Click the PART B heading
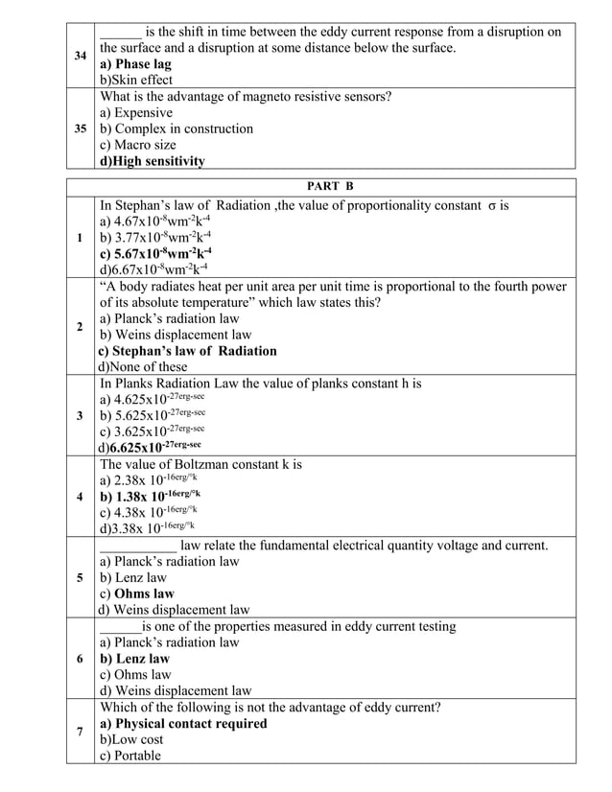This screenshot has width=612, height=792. click(330, 186)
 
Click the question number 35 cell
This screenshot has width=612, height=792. click(82, 128)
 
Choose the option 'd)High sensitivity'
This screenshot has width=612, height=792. click(153, 161)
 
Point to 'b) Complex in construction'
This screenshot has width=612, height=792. click(177, 128)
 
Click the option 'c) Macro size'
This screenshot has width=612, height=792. click(138, 145)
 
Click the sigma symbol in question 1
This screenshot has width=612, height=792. click(491, 205)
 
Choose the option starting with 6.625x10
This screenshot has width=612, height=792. click(153, 447)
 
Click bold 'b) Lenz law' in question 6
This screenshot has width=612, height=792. click(135, 659)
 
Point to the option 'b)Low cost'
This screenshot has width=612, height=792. click(131, 739)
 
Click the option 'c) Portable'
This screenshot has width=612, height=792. click(130, 756)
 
